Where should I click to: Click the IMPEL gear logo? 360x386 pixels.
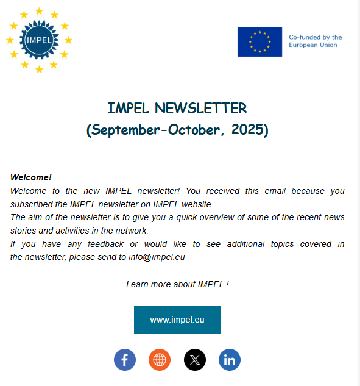(39, 40)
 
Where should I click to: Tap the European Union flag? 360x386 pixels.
(259, 41)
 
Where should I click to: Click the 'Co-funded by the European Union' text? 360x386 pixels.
(315, 41)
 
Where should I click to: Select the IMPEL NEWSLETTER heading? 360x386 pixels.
(177, 109)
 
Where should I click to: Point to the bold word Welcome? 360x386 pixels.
(31, 177)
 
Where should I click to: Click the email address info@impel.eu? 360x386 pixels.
(157, 257)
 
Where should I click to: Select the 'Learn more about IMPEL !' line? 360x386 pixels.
(177, 284)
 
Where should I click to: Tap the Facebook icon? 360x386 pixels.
(125, 360)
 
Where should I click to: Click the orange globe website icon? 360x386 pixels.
(160, 360)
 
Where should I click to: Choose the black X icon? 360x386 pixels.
(195, 360)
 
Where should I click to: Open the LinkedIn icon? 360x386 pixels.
(230, 360)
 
